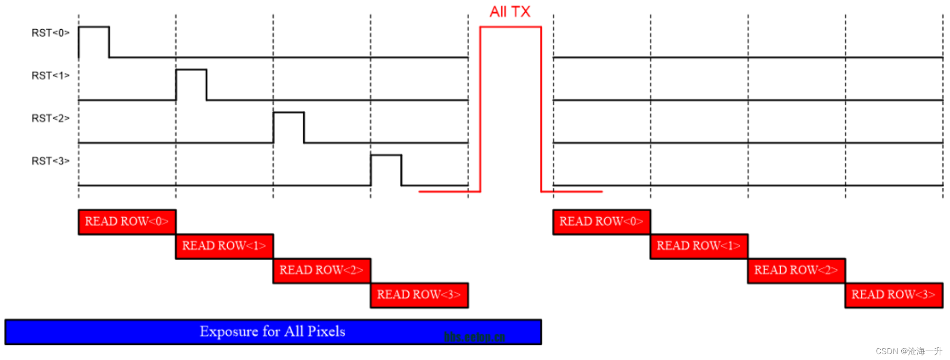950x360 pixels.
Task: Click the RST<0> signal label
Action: (x=50, y=33)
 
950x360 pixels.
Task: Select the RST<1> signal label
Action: (x=50, y=76)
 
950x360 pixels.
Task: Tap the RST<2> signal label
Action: (x=50, y=118)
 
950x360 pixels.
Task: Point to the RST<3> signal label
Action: (x=50, y=161)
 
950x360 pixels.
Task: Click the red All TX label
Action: (x=510, y=12)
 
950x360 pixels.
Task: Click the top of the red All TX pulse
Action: (x=511, y=27)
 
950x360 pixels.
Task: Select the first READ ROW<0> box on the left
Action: (x=127, y=222)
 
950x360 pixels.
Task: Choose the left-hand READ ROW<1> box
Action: (x=224, y=246)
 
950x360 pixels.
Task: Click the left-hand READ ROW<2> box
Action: (x=322, y=270)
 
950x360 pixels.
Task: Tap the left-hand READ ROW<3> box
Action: (x=419, y=295)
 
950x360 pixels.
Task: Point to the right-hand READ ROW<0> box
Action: (x=601, y=222)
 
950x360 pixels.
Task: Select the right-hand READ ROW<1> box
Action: (x=699, y=246)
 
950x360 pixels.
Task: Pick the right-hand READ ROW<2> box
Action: (x=796, y=270)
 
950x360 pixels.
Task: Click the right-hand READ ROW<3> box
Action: (x=894, y=295)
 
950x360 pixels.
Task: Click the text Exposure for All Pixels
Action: (x=272, y=332)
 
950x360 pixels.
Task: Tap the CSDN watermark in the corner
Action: (x=909, y=351)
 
